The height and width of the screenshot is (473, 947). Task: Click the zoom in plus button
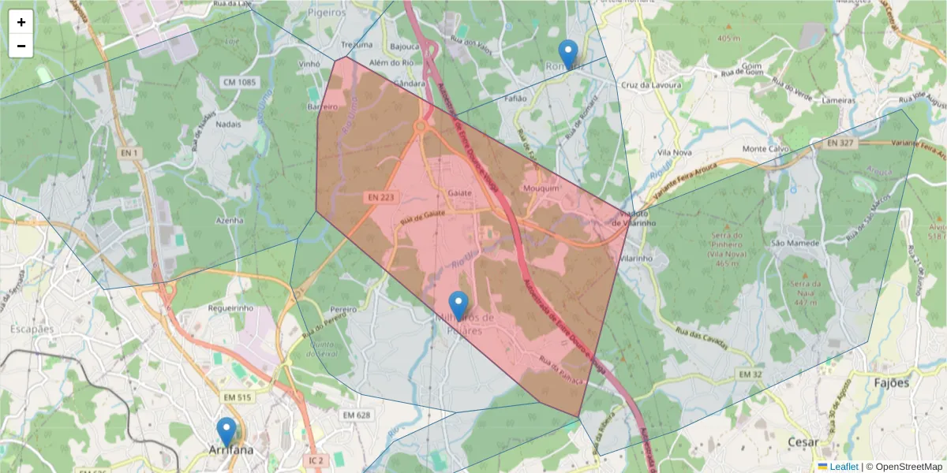pos(21,22)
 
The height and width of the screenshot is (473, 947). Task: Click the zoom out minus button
pos(21,46)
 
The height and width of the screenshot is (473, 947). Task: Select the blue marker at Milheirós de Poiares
pos(459,306)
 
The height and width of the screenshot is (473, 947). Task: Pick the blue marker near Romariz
pos(567,54)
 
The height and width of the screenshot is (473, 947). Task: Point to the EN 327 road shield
pos(842,143)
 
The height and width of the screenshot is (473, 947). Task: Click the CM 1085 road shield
pos(240,82)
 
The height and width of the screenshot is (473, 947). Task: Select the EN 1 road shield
pos(130,153)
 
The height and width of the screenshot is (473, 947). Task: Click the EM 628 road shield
pos(357,415)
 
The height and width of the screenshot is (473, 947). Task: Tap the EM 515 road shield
pos(237,398)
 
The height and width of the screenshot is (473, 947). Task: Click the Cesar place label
pos(803,442)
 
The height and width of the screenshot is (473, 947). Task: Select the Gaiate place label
pos(459,193)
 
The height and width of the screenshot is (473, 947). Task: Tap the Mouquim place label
pos(541,189)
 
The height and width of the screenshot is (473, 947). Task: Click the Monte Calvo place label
pos(765,149)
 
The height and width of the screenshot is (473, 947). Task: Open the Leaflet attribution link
pos(844,467)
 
